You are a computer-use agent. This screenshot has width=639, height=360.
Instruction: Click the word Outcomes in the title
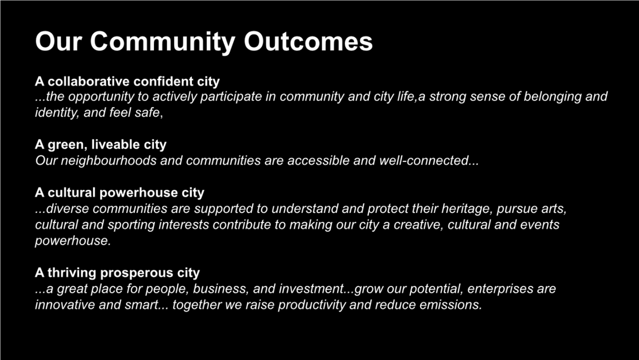[x=308, y=42]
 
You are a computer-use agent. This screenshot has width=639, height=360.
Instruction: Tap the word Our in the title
[x=59, y=42]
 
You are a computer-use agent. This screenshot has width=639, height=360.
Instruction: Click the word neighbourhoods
[x=109, y=161]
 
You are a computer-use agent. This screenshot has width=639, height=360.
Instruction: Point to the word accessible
[x=319, y=161]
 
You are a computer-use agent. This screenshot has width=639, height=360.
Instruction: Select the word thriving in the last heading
[x=72, y=273]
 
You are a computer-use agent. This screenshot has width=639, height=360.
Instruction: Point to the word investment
[x=312, y=289]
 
